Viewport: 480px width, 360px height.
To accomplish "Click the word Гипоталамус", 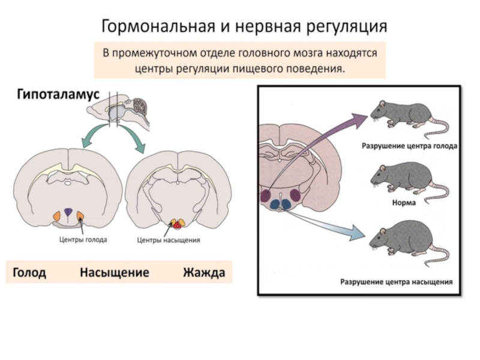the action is [57, 94].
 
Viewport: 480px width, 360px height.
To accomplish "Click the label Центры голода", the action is [83, 239].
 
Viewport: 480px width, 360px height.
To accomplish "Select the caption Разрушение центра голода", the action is [409, 146].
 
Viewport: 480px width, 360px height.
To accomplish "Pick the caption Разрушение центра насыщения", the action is [397, 280].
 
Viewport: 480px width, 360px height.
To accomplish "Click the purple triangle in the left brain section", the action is [68, 211].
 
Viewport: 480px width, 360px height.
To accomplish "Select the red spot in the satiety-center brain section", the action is [176, 224].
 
